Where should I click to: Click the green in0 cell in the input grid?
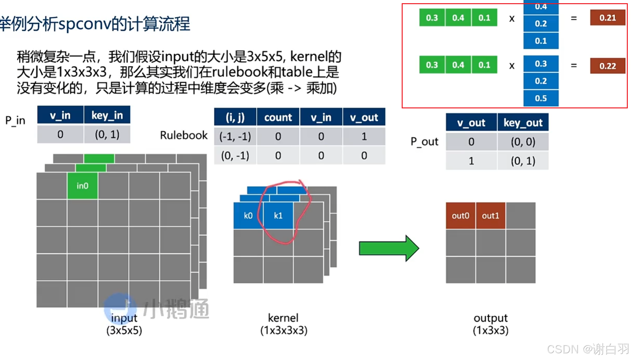[82, 186]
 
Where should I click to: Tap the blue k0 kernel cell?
[248, 215]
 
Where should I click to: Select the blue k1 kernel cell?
[278, 215]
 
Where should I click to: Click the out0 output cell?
[460, 215]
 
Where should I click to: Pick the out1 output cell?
[490, 215]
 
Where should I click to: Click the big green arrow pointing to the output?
[389, 248]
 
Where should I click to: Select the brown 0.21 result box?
[607, 18]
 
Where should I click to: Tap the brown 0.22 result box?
[607, 66]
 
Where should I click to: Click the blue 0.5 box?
[541, 98]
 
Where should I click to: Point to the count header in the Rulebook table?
[278, 117]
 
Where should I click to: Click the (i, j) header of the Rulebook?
[235, 117]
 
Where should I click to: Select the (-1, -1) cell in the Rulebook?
[235, 137]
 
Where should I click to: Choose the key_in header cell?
[107, 115]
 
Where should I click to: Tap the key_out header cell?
[523, 122]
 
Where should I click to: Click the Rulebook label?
[184, 135]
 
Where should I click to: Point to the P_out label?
[424, 141]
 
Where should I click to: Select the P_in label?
[15, 120]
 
